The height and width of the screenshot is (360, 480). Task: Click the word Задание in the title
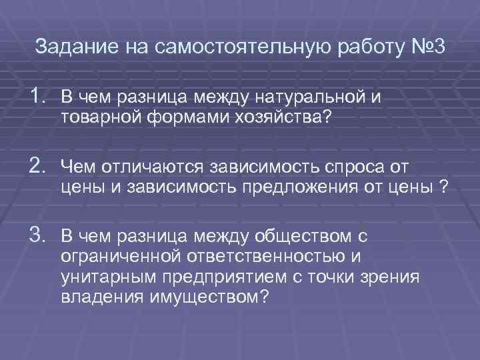point(68,48)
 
